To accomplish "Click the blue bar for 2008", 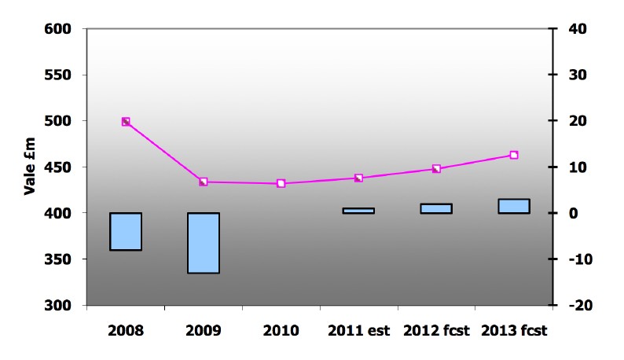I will [x=126, y=231].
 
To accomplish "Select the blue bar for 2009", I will [x=203, y=243].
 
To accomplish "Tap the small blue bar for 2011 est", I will [x=358, y=211].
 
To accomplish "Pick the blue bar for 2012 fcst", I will [x=436, y=208].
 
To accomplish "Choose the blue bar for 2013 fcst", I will [x=514, y=206].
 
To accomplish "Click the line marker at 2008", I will [x=126, y=122].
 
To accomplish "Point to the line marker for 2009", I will [x=203, y=182].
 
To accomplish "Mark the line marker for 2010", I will [x=281, y=184].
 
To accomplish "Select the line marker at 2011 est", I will [x=358, y=178].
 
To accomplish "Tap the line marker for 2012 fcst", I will [x=436, y=169].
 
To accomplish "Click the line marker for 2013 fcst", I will [x=514, y=155].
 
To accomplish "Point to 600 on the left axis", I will [x=59, y=29].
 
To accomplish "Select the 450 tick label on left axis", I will [x=59, y=167].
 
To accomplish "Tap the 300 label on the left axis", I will [x=59, y=305].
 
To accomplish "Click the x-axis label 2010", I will [x=281, y=330].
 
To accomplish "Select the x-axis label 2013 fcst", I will [x=514, y=330].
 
